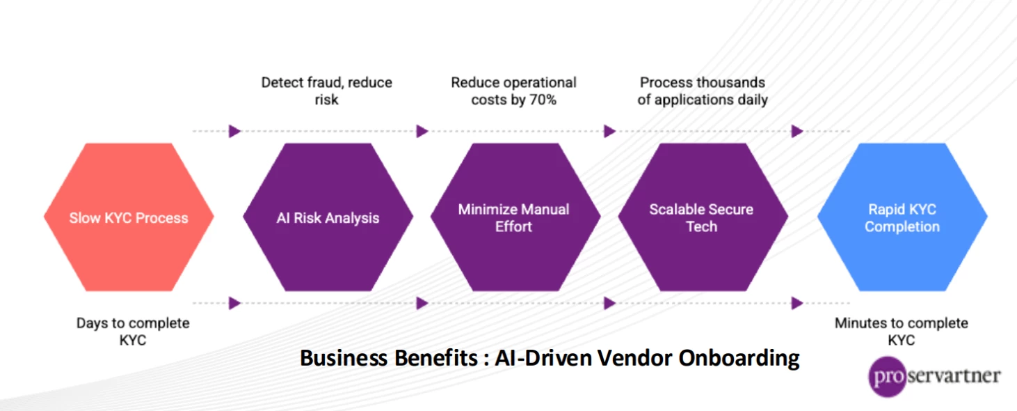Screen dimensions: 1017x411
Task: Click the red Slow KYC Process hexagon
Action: pyautogui.click(x=129, y=217)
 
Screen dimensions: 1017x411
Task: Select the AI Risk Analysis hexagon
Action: pyautogui.click(x=328, y=217)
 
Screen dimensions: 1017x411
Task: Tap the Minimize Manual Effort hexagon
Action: pyautogui.click(x=515, y=217)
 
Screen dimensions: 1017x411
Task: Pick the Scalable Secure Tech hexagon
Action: pyautogui.click(x=703, y=217)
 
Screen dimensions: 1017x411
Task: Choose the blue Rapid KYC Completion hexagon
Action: pyautogui.click(x=902, y=217)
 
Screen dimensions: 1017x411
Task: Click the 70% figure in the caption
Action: pyautogui.click(x=543, y=100)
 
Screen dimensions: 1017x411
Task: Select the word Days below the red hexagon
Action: pyautogui.click(x=92, y=323)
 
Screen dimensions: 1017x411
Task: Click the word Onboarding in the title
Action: pyautogui.click(x=739, y=358)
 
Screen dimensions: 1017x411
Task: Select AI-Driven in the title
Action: pyautogui.click(x=543, y=358)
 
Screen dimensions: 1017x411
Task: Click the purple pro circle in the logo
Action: pyautogui.click(x=887, y=376)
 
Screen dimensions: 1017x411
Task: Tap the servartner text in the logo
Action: pyautogui.click(x=954, y=375)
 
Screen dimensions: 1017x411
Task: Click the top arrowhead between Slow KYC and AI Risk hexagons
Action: pyautogui.click(x=234, y=131)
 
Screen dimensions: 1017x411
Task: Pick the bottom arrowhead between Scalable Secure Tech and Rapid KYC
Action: pyautogui.click(x=796, y=303)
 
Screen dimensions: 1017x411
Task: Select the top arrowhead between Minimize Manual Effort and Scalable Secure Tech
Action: pyautogui.click(x=609, y=131)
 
